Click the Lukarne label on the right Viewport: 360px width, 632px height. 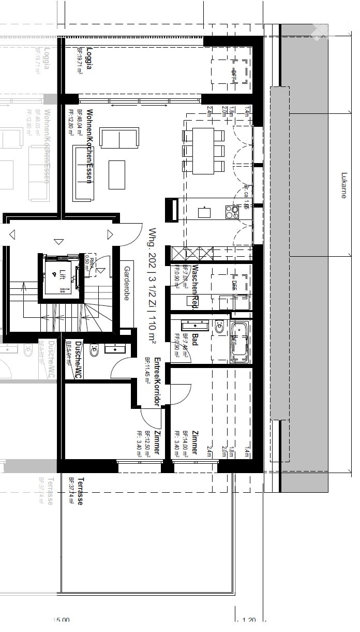click(343, 186)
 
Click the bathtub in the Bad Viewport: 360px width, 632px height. click(239, 341)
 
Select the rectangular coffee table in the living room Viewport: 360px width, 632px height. click(117, 174)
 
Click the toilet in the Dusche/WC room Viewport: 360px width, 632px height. click(94, 352)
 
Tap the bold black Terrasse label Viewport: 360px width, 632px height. click(80, 491)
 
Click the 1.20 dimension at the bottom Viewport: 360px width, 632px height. click(249, 620)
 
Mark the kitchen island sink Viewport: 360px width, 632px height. click(204, 212)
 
